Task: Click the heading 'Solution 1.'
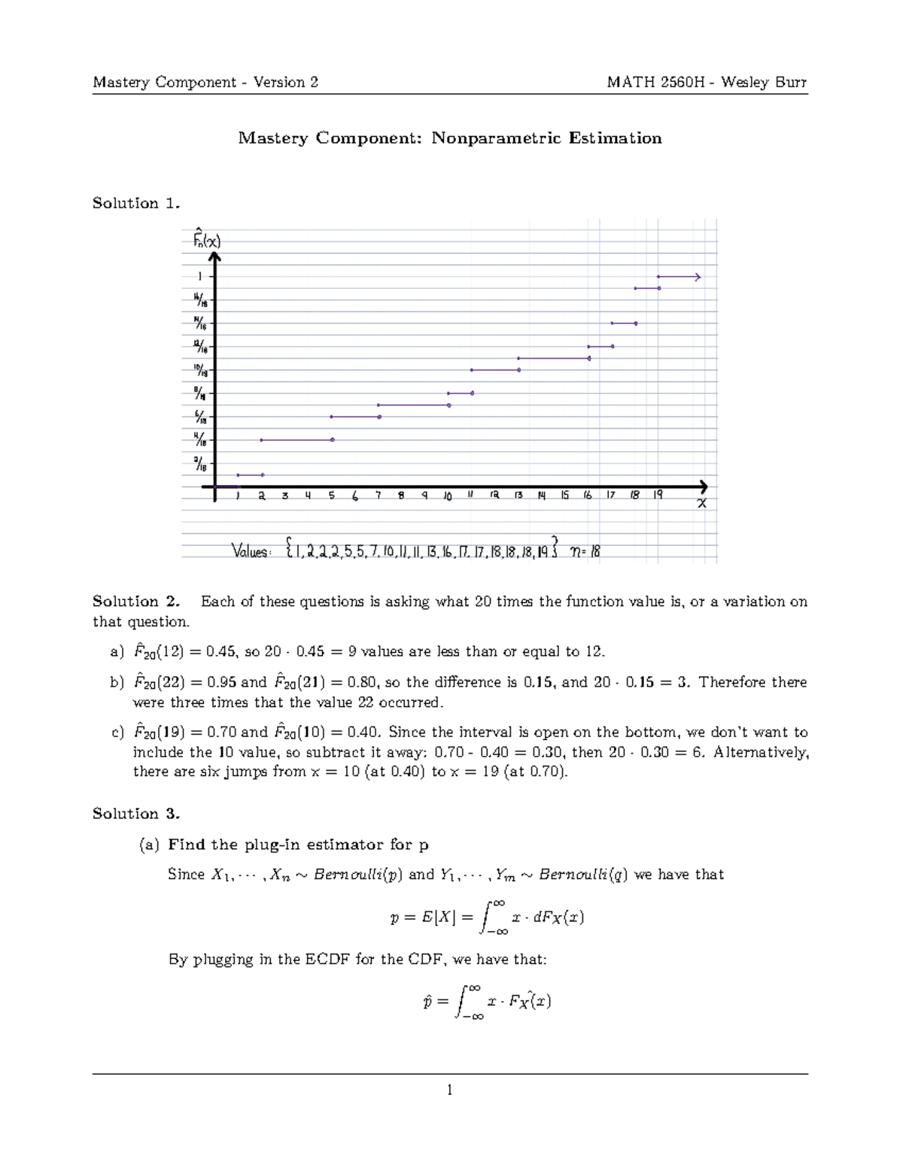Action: pos(136,203)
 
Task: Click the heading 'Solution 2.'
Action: pos(136,601)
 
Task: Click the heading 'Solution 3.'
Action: pos(136,814)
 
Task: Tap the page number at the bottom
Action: pos(449,1090)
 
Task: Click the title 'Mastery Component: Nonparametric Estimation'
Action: pos(450,138)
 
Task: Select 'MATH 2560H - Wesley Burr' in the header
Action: pos(707,82)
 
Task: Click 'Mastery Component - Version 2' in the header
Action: pos(205,82)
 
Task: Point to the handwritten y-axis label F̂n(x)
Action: pos(206,240)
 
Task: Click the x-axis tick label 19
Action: pos(658,495)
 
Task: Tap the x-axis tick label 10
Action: pos(448,496)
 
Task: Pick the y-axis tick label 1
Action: pos(199,277)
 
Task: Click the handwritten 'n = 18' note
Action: pos(585,551)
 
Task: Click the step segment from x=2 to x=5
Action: pos(296,440)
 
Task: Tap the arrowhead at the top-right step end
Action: pos(698,277)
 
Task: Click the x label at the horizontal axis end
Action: pos(701,503)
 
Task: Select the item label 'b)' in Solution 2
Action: pos(117,682)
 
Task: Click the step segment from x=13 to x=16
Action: pos(553,359)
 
